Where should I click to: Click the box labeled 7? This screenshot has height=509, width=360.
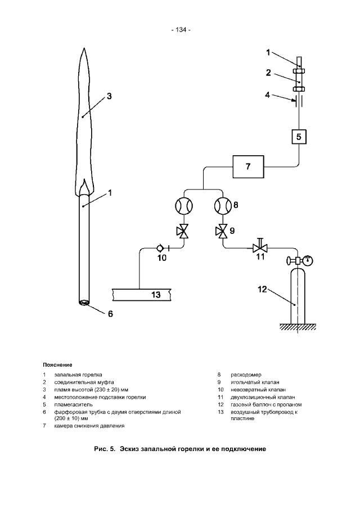[x=248, y=166]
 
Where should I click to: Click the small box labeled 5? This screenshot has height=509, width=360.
[x=299, y=137]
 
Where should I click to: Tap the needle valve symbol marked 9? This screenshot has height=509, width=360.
[x=223, y=231]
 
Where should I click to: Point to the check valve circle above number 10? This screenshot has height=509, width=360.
[x=160, y=249]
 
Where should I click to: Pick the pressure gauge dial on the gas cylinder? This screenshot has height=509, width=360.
[x=308, y=260]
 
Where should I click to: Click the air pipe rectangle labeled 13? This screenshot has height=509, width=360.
[x=141, y=294]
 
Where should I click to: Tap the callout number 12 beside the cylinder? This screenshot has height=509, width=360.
[x=262, y=289]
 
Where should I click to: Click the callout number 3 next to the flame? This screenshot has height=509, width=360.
[x=109, y=96]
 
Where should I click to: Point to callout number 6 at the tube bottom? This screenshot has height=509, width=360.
[x=110, y=314]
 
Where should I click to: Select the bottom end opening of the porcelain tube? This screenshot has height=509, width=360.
[x=84, y=303]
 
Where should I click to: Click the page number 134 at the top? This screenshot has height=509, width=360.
[x=181, y=30]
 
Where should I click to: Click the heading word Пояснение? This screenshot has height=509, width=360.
[x=57, y=365]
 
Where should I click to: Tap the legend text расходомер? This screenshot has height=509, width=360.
[x=246, y=375]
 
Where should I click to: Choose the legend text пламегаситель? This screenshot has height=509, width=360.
[x=73, y=404]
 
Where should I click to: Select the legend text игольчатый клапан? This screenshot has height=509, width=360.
[x=255, y=382]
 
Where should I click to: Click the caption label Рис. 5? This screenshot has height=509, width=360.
[x=105, y=449]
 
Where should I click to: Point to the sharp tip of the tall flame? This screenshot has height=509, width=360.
[x=84, y=48]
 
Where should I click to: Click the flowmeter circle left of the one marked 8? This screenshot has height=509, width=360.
[x=184, y=206]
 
